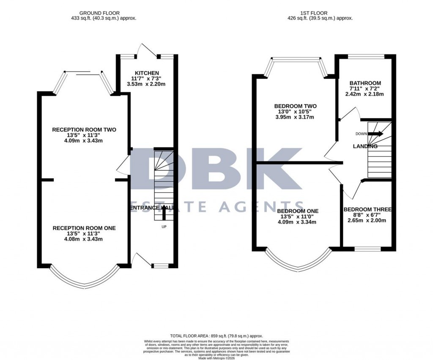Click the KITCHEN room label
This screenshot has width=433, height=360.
[147, 73]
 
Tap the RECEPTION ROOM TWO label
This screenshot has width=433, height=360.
[84, 130]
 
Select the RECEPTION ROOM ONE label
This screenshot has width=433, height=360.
[84, 228]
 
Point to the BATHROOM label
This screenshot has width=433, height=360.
[365, 83]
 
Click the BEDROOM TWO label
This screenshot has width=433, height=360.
[296, 106]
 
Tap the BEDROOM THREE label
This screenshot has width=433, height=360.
[367, 210]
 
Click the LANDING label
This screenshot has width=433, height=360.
[365, 146]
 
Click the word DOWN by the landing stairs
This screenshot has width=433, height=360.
[361, 134]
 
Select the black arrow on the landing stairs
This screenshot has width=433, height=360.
[375, 134]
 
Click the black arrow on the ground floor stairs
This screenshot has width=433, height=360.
[163, 213]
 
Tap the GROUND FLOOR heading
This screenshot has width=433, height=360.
[99, 13]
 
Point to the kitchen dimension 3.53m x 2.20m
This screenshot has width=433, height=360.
[146, 84]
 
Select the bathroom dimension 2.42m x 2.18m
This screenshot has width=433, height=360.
[365, 94]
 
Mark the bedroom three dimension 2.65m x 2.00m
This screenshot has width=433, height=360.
[367, 220]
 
